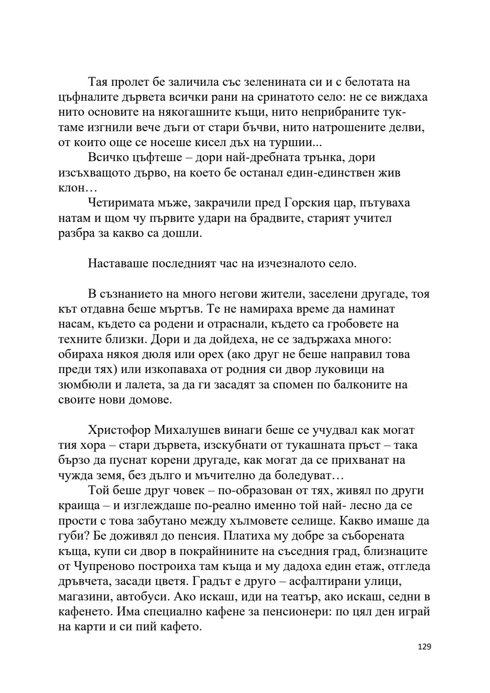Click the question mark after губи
pos(91,536)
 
